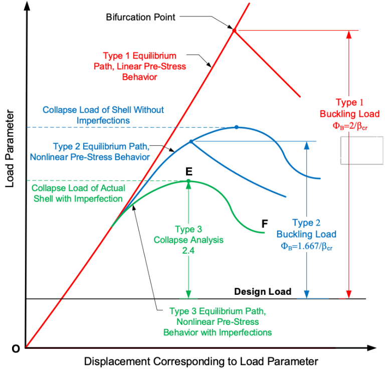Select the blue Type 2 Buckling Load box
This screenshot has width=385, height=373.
pos(306,235)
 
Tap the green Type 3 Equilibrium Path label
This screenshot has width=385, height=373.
pos(217,321)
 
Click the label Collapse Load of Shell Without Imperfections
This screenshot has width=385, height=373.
pos(103,115)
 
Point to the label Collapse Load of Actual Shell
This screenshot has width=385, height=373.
pos(78,193)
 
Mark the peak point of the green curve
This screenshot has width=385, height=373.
pos(188,180)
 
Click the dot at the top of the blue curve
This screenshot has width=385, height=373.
pos(237,127)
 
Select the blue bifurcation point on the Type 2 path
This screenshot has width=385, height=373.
pos(190,141)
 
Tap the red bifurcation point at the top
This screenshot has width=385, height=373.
pos(234,31)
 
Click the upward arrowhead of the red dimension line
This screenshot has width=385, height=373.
pos(350,35)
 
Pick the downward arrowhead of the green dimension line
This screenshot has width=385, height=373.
pos(188,294)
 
